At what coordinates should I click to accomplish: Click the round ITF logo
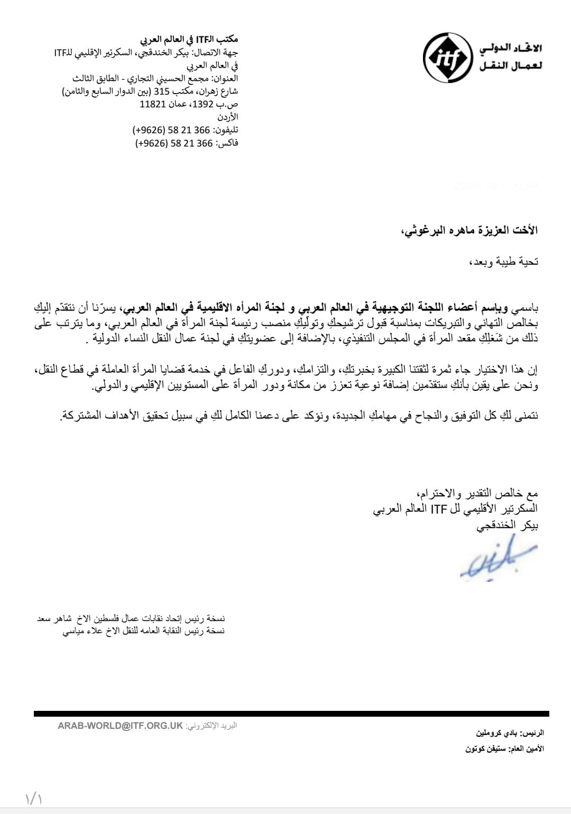coord(447,58)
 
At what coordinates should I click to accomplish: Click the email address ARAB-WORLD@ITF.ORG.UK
coord(120,726)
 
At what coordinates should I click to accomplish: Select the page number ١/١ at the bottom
coord(33,798)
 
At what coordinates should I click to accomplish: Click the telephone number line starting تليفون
coord(185,130)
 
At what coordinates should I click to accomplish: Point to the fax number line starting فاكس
coord(187,143)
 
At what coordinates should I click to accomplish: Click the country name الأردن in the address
coord(228,117)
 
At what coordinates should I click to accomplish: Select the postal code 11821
coord(153,104)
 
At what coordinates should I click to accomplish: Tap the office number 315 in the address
coord(161,91)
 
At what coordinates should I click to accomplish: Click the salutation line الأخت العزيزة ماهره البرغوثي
coord(469,230)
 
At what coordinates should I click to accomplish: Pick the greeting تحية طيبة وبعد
coord(503,261)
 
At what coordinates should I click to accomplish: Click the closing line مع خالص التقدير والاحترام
coord(477,493)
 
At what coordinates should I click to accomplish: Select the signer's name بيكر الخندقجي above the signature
coord(507,525)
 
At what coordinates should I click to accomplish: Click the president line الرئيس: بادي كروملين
coord(510,733)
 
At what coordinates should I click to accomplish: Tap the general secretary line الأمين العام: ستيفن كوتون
coord(504,749)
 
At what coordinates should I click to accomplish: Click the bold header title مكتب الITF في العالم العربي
coord(189,39)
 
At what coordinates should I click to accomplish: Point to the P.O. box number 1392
coord(202,104)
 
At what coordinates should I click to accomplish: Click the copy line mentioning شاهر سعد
coord(131,618)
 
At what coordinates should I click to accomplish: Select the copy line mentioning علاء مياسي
coord(144,630)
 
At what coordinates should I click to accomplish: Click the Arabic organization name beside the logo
coord(511,57)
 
